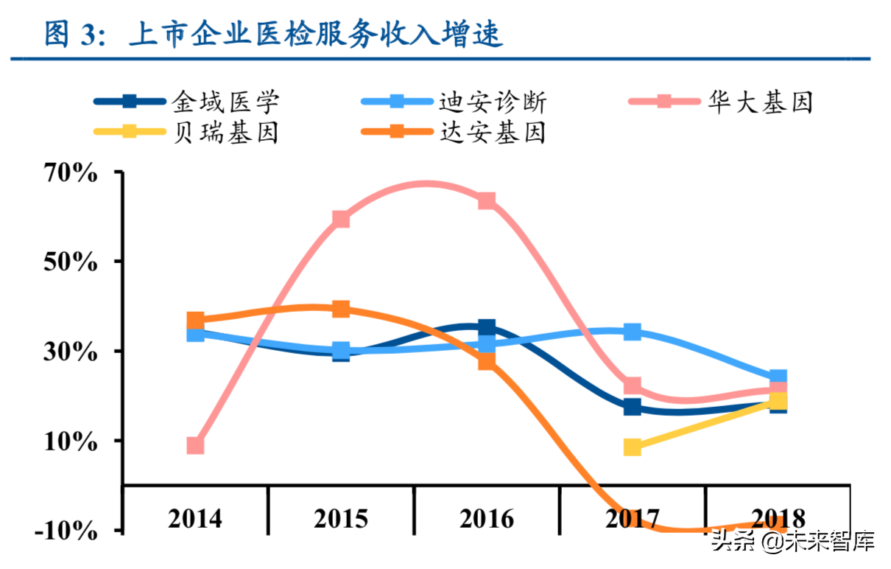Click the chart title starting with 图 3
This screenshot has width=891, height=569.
(273, 33)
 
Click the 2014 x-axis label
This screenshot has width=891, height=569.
(195, 518)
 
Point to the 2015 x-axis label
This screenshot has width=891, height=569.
(340, 518)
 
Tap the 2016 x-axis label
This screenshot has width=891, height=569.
(487, 518)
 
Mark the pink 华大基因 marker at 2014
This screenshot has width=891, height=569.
(195, 445)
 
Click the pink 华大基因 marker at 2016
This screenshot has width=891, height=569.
(487, 201)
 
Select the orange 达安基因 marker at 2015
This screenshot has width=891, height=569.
(340, 309)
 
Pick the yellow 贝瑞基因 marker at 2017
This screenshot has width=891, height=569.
(632, 447)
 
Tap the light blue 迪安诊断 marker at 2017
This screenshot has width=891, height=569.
(632, 332)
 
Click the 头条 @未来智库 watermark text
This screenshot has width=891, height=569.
(792, 543)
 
